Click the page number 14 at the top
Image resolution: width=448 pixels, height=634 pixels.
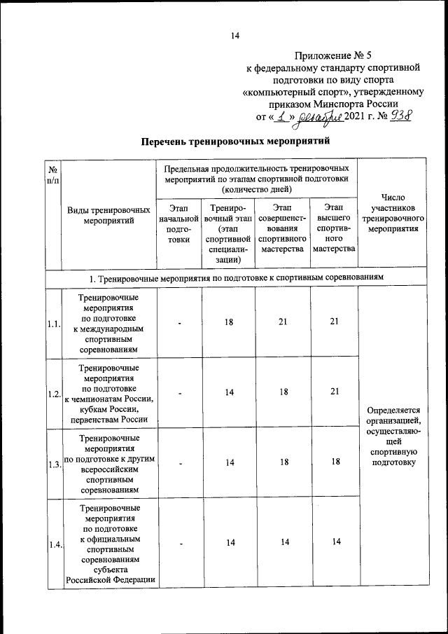pyautogui.click(x=235, y=36)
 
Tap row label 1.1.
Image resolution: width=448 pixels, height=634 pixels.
pyautogui.click(x=54, y=324)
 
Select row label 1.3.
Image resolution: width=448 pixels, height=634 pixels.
pyautogui.click(x=54, y=464)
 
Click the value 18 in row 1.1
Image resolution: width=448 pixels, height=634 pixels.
pyautogui.click(x=229, y=322)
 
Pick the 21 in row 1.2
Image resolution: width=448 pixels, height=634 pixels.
pyautogui.click(x=334, y=392)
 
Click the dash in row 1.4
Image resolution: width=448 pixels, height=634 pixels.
pyautogui.click(x=180, y=542)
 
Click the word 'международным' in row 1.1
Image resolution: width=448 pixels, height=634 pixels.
pyautogui.click(x=108, y=329)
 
